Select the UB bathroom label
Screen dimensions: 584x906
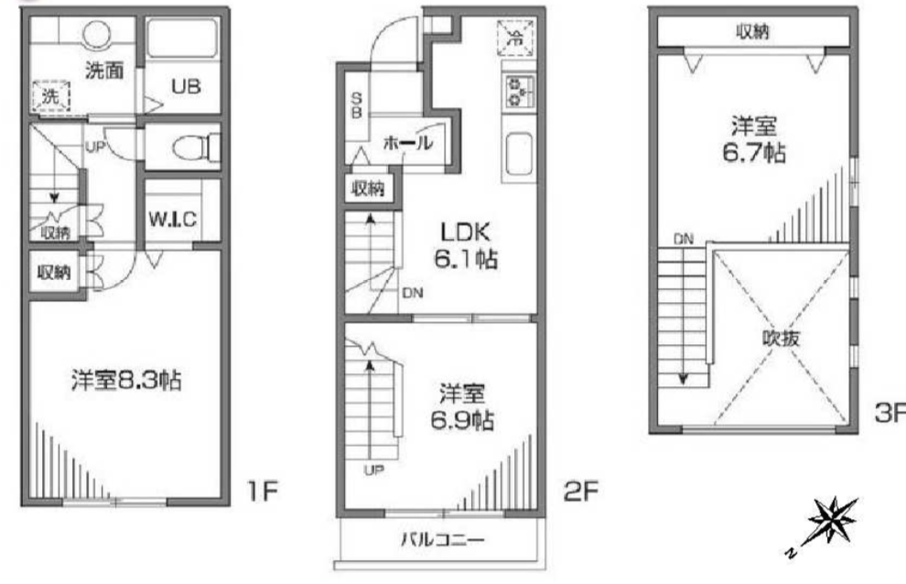click(x=184, y=88)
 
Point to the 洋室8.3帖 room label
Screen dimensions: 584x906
click(x=126, y=380)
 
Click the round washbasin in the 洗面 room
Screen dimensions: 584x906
click(x=99, y=34)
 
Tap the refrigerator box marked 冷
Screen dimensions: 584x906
click(x=514, y=38)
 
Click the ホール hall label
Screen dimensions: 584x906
click(x=406, y=144)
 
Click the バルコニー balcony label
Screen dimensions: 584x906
click(x=442, y=539)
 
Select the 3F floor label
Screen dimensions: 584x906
click(x=889, y=414)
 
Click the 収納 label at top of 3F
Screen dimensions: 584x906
click(x=752, y=30)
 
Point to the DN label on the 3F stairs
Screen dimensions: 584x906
click(x=684, y=240)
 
